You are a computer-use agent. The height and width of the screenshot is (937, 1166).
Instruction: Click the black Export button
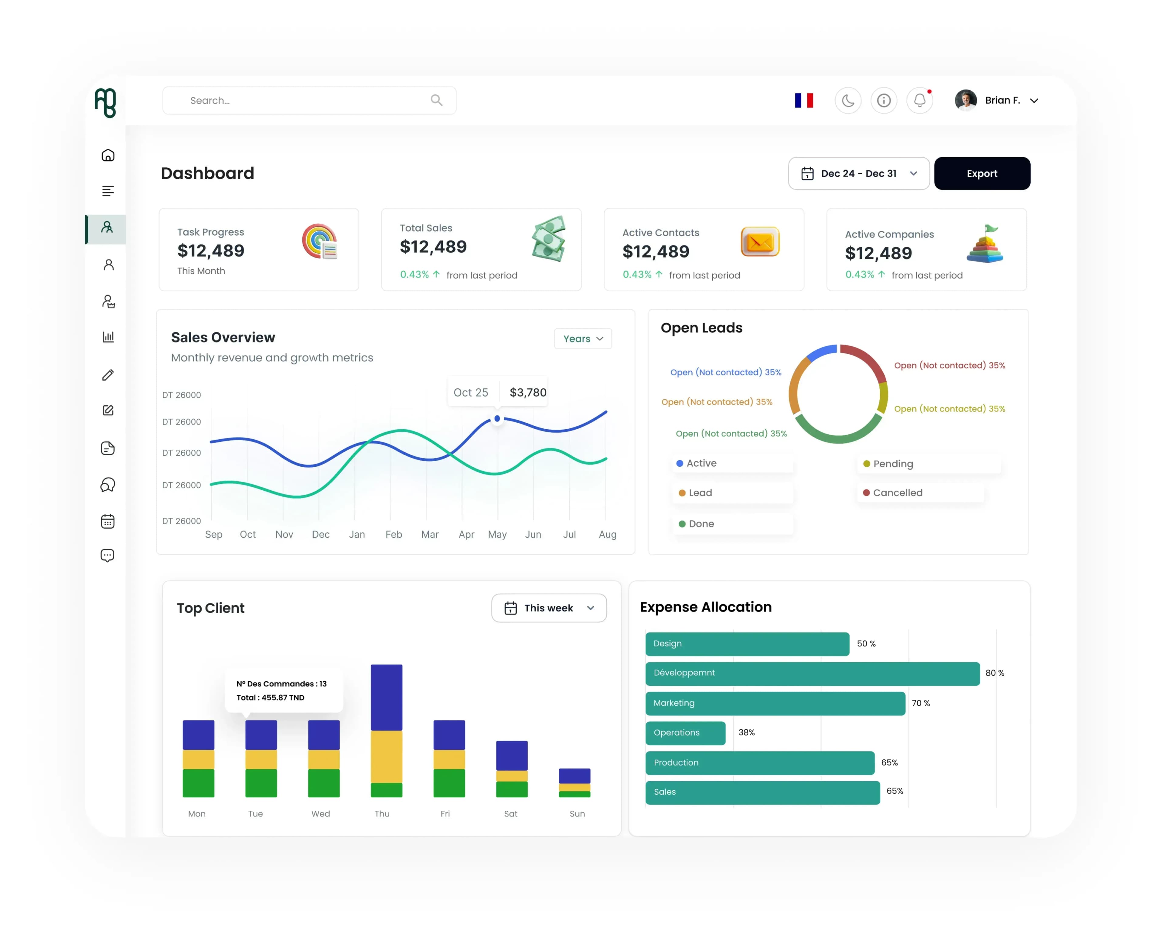tap(982, 174)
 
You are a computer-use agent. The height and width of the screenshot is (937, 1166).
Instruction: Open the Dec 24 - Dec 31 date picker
tap(858, 174)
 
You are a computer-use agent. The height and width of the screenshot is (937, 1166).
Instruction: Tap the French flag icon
tap(804, 101)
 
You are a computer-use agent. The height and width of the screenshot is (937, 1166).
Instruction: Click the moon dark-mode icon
tap(848, 101)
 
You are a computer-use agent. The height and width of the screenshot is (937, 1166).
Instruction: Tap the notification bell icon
tap(919, 101)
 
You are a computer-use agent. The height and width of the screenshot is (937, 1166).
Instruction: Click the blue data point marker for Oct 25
tap(497, 418)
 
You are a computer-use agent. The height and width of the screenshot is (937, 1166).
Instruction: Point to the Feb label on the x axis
tap(394, 534)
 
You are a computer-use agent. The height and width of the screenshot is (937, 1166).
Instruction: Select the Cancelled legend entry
tap(893, 492)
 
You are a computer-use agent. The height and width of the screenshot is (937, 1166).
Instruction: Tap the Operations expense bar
tap(685, 733)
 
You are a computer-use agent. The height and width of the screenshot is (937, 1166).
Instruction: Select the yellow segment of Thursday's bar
tap(387, 756)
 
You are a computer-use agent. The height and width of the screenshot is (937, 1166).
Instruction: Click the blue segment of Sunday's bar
tap(574, 776)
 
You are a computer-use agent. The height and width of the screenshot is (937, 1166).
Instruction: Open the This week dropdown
tap(549, 608)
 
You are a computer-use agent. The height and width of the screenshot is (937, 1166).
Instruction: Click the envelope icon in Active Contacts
tap(760, 242)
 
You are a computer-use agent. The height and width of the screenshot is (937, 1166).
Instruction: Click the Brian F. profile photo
tap(965, 100)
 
